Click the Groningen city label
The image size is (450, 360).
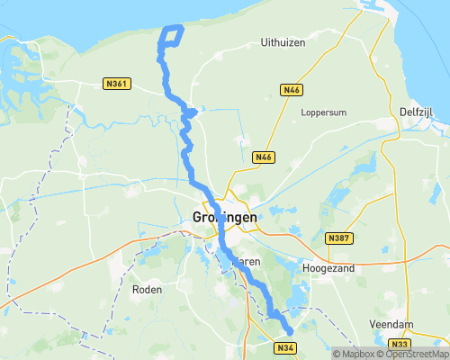(x=225, y=217)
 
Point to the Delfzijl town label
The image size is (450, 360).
(x=419, y=111)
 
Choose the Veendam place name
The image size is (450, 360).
(x=391, y=323)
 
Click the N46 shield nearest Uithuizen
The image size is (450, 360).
(x=291, y=90)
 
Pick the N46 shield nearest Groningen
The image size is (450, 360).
(x=263, y=157)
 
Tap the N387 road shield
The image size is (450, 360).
(x=337, y=238)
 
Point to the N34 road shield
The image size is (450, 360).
(x=285, y=347)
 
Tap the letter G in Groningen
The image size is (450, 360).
(x=198, y=217)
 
